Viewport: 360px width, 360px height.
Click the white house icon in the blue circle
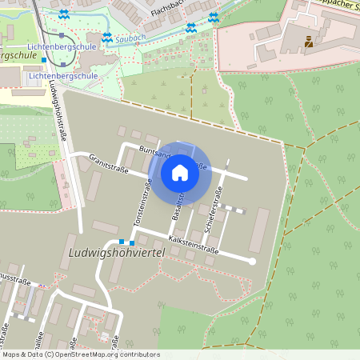(x=180, y=172)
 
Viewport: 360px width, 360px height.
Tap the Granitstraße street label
(x=107, y=165)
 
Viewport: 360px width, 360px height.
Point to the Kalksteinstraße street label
(x=194, y=244)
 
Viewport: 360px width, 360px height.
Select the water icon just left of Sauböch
(x=107, y=38)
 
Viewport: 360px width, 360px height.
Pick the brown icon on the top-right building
(x=309, y=41)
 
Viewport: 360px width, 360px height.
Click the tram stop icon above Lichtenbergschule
(x=61, y=35)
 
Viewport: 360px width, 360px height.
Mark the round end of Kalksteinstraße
(x=252, y=261)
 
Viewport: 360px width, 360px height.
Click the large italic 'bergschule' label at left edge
(x=16, y=56)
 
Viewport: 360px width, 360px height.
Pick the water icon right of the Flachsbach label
(x=213, y=16)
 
